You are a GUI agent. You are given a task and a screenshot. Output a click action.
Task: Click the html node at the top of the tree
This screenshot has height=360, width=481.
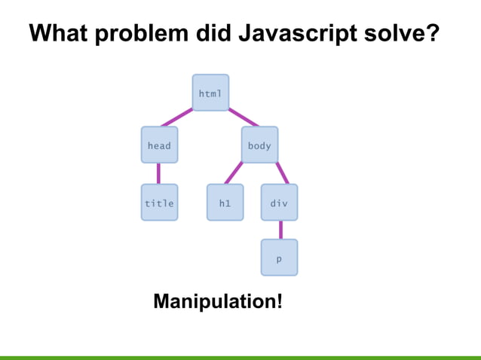210,93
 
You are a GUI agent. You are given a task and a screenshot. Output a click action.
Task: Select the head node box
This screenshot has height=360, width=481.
159,145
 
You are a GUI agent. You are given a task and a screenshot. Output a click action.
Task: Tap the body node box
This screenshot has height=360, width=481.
259,145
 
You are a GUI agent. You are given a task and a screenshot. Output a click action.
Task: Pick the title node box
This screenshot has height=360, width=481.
159,203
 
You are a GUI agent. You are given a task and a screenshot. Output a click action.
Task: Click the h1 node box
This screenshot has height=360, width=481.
225,203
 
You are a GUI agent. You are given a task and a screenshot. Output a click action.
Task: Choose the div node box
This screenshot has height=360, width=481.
279,203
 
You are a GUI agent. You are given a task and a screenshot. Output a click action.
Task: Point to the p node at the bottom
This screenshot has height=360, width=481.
279,258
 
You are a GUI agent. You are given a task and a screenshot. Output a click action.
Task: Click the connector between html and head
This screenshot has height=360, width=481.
176,117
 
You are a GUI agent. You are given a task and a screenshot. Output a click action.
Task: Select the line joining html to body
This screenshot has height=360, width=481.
243,117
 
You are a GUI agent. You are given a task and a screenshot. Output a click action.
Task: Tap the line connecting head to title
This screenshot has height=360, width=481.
159,173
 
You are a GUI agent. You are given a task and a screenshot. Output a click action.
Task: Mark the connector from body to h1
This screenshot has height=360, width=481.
234,173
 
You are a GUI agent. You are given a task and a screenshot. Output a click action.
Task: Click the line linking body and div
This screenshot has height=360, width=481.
282,172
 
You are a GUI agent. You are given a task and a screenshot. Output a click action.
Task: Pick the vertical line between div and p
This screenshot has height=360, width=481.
280,230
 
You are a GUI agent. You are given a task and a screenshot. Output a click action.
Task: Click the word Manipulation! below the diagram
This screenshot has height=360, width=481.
218,302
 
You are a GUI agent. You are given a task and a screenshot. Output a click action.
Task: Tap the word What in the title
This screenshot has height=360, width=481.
60,33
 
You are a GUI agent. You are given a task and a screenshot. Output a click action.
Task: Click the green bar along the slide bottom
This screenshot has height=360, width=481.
240,357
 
